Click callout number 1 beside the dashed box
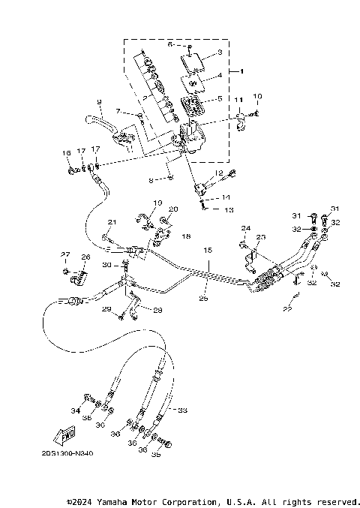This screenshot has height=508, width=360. tap(242, 71)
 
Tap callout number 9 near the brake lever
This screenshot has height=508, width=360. tap(98, 101)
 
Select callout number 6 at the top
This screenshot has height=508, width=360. tap(170, 44)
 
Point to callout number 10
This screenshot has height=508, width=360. tap(257, 96)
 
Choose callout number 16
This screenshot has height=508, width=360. tap(67, 153)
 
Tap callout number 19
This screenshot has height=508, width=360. tap(158, 203)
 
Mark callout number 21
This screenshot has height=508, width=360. tap(112, 222)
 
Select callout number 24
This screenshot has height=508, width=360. tap(244, 227)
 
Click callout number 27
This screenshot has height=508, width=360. tap(65, 254)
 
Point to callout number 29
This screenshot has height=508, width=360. tap(106, 309)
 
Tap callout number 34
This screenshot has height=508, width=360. tap(75, 410)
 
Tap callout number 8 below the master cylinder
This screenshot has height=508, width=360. tap(151, 179)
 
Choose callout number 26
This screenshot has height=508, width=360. tap(85, 257)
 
